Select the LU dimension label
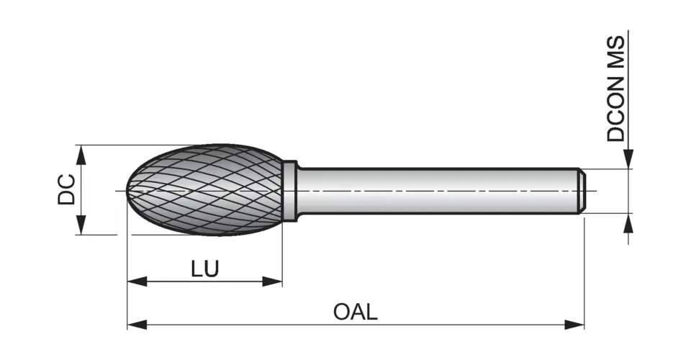[x=205, y=269]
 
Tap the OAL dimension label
[x=355, y=312]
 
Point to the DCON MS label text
[x=616, y=88]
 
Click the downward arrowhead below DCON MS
[x=628, y=160]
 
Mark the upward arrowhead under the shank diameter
[x=628, y=223]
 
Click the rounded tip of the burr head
[x=130, y=191]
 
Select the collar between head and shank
[x=289, y=191]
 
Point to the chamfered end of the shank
[x=582, y=191]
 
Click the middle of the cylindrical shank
[x=439, y=191]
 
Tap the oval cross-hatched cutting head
[x=205, y=191]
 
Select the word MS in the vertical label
[x=616, y=50]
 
